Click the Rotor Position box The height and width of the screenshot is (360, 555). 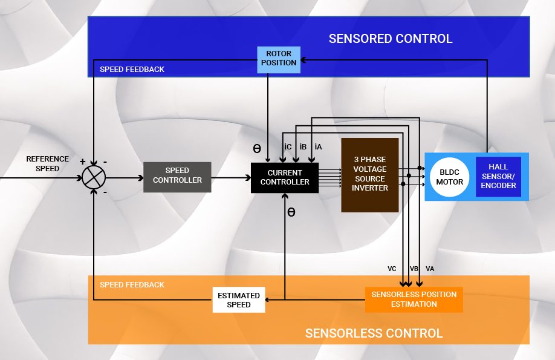coord(279,59)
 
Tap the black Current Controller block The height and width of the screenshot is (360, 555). coord(285,178)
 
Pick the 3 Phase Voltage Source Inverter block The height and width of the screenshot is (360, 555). coord(370,175)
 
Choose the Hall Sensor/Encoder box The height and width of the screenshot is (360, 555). coord(499,176)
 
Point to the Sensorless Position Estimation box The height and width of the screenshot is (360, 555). coord(414,299)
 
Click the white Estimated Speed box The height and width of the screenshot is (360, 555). coord(239,300)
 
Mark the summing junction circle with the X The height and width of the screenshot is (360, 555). coord(94,177)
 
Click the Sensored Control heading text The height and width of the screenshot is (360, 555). coord(390,39)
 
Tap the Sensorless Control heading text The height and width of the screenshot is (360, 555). coord(374,333)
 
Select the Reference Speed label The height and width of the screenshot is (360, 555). coord(47,164)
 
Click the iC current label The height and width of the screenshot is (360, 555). coord(288,146)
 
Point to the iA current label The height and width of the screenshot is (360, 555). coord(318,146)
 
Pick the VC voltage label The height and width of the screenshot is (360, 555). coord(392,269)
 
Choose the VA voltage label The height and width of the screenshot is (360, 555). coord(430,269)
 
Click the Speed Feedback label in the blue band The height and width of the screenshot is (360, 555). coord(132,70)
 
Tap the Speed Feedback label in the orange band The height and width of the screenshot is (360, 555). coord(132,285)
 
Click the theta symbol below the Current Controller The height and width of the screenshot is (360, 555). coord(291,213)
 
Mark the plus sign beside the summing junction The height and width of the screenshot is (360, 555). coord(82,162)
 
